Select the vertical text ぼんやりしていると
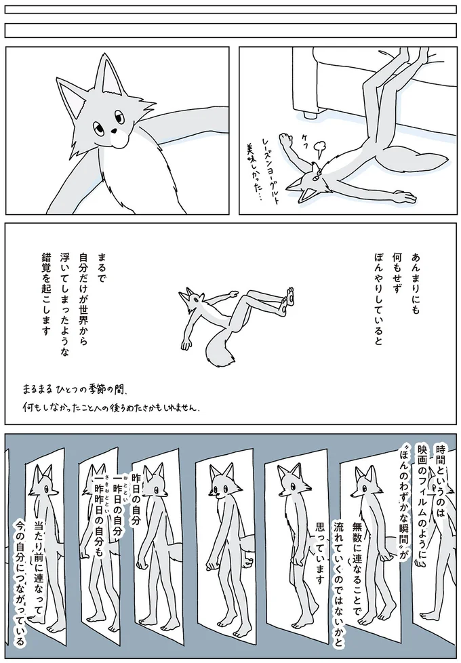378,298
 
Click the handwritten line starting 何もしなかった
111,408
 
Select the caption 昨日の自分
136,499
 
